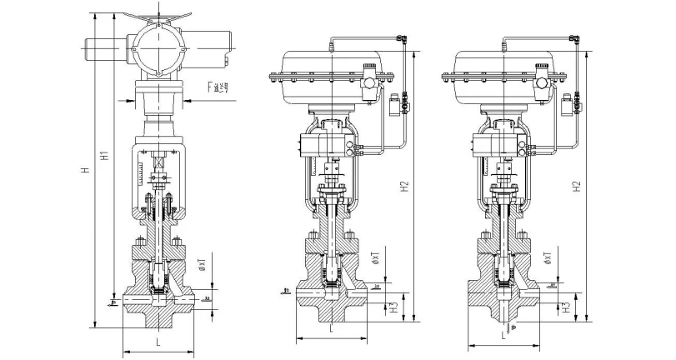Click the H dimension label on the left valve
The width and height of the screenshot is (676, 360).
(x=83, y=171)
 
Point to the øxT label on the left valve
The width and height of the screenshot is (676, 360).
(x=202, y=268)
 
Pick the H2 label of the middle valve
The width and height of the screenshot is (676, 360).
(x=404, y=187)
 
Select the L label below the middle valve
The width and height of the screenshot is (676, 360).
(x=332, y=329)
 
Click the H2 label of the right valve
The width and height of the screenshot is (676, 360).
(x=578, y=187)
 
